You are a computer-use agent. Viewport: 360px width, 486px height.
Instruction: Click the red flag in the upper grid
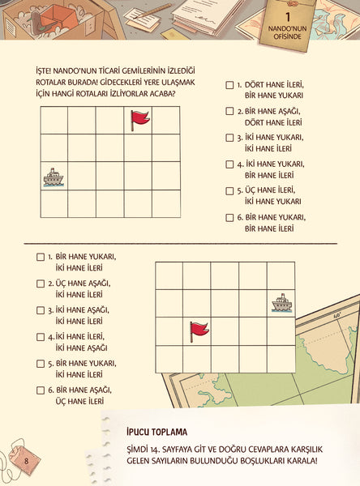tap(140, 120)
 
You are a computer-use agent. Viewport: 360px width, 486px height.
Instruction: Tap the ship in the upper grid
tap(54, 177)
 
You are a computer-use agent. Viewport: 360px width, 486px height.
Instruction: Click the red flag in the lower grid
tap(199, 331)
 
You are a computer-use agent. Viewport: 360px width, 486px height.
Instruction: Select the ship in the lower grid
tap(282, 302)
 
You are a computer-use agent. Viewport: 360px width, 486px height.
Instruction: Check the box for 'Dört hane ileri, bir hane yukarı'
tap(229, 85)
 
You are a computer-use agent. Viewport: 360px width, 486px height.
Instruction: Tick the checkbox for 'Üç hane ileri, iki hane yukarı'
tap(229, 190)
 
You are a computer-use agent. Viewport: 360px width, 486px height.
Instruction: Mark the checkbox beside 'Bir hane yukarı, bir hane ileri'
tap(229, 218)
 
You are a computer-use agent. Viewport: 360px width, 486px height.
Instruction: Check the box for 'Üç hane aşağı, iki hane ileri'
tap(41, 283)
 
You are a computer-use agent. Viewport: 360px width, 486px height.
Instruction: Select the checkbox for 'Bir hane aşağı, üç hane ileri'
tap(41, 390)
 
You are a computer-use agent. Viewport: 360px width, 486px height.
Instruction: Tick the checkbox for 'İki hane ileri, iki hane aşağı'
tap(41, 337)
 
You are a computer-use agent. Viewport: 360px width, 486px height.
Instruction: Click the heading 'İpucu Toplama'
tap(156, 432)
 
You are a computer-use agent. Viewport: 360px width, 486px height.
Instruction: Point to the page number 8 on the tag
tap(27, 461)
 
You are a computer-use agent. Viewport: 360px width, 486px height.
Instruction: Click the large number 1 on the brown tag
tap(288, 16)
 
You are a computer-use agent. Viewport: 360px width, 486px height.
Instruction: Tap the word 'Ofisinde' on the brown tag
tap(287, 36)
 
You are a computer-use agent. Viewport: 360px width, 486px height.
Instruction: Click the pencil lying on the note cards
tap(153, 11)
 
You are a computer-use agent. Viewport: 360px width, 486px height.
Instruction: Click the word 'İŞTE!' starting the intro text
tap(43, 70)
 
